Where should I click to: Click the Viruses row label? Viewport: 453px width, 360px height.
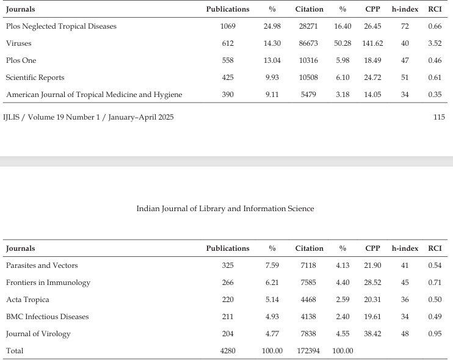coord(19,43)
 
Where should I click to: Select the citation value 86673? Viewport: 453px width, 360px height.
coord(308,43)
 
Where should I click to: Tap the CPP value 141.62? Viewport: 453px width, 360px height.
coord(372,43)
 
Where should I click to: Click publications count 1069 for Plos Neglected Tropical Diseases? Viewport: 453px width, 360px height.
coord(228,26)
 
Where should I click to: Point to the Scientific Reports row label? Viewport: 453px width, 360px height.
coord(35,77)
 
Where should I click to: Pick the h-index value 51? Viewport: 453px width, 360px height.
coord(405,77)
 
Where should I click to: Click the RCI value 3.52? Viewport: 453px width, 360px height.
coord(435,43)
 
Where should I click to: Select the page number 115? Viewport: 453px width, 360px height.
coord(439,117)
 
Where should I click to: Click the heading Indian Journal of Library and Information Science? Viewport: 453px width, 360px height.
coord(225,209)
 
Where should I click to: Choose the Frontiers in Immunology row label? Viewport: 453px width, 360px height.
coord(48,283)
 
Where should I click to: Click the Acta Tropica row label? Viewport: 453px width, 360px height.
coord(27,300)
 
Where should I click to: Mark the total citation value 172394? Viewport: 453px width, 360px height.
coord(308,351)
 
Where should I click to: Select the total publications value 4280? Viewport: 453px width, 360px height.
coord(228,351)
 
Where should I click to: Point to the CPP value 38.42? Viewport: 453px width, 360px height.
coord(372,334)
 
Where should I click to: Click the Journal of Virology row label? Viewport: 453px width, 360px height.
coord(38,334)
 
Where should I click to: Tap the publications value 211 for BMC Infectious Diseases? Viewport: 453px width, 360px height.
coord(228,317)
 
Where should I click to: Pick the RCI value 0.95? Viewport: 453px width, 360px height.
coord(435,334)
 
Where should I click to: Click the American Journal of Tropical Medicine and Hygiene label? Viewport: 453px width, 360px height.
coord(94,95)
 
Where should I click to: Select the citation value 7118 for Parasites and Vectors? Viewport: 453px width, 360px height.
coord(308,265)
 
